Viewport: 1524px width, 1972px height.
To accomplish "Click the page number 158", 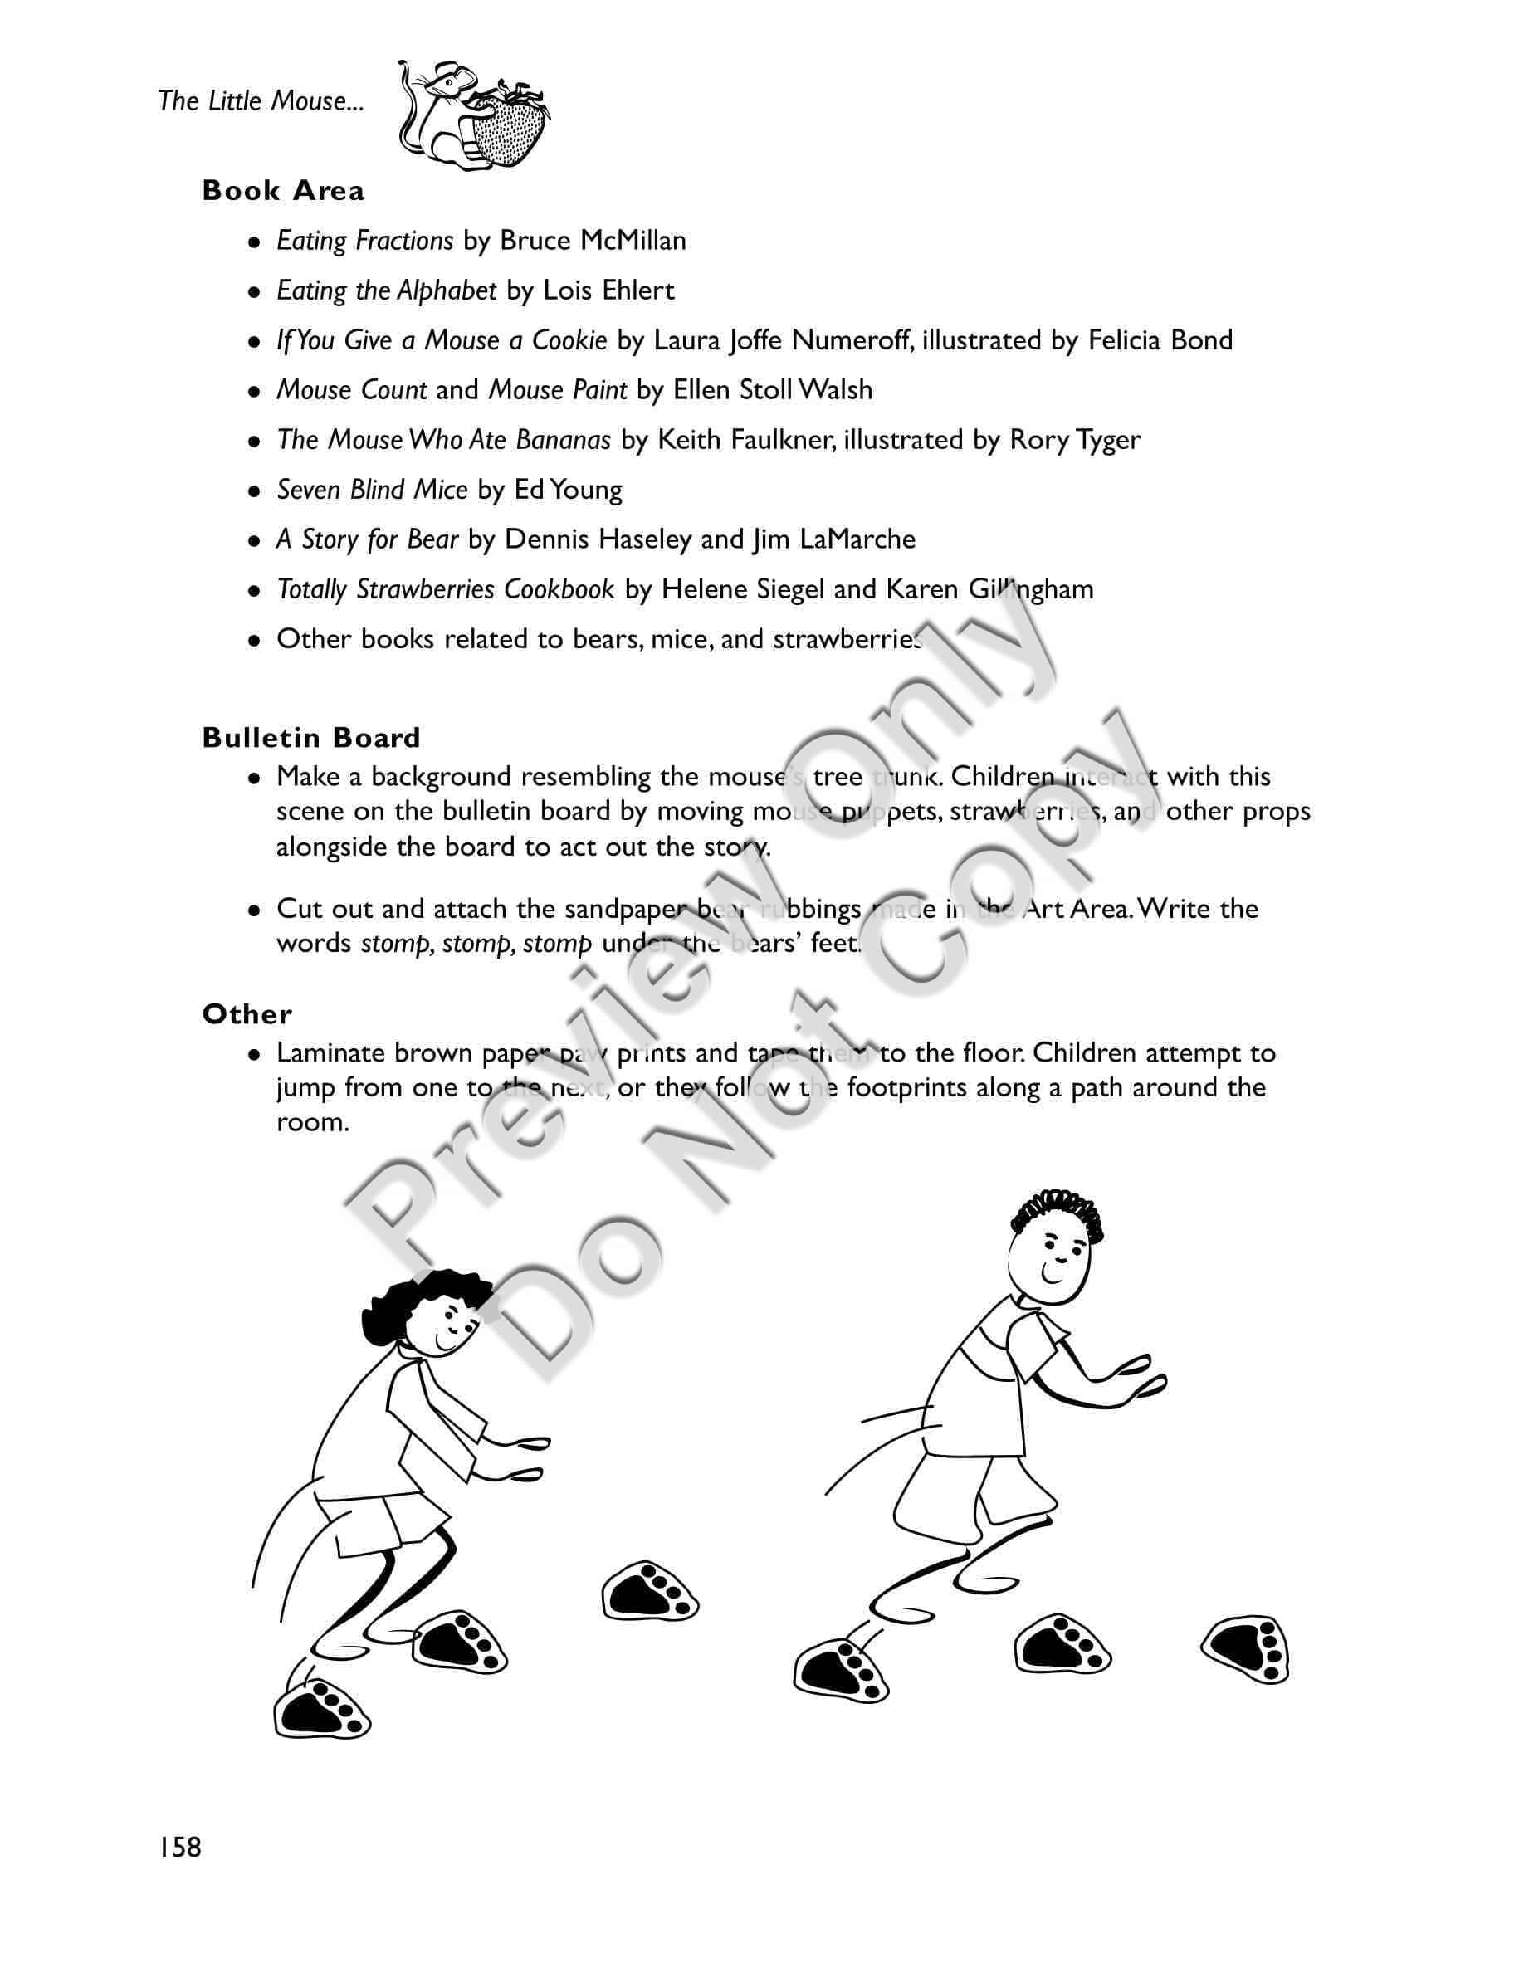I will coord(179,1848).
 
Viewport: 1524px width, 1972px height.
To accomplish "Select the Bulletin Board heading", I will coord(311,738).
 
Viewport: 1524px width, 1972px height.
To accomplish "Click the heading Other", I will coord(247,1014).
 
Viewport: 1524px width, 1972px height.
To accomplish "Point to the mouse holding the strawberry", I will coord(474,115).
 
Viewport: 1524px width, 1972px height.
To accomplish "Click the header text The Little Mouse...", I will coord(261,100).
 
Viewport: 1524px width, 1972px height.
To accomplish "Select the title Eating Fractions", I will coord(364,240).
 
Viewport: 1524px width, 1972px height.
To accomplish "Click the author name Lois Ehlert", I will coord(608,290).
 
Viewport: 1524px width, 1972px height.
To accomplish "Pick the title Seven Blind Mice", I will coord(372,490).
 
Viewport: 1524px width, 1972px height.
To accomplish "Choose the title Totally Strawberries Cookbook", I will coord(445,588).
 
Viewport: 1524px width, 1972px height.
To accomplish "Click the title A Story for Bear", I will coord(368,539).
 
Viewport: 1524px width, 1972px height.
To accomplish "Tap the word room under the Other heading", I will coord(311,1123).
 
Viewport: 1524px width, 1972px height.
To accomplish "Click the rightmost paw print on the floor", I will coord(1247,1651).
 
